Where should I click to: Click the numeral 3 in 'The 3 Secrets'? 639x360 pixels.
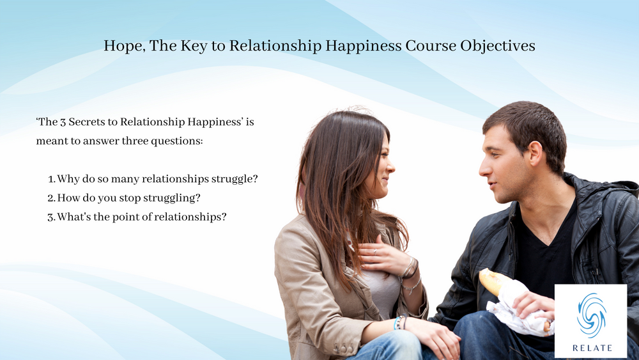[x=66, y=121]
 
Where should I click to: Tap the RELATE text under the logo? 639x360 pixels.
[x=590, y=348]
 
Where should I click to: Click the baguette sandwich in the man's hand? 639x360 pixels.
[x=493, y=281]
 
